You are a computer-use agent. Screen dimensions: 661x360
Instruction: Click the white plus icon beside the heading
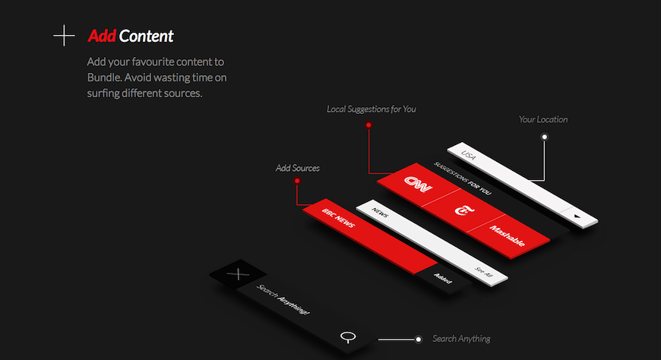[64, 36]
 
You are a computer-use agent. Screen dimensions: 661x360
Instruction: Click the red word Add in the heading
[102, 36]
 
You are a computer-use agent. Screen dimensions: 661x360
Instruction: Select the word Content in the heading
[146, 36]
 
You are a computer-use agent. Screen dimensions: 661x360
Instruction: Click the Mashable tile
[508, 235]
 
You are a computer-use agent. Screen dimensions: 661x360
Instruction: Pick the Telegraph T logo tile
[463, 210]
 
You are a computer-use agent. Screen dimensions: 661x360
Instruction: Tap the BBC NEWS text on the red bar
[339, 218]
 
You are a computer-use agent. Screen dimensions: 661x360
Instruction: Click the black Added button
[443, 278]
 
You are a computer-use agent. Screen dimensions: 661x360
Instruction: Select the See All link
[483, 272]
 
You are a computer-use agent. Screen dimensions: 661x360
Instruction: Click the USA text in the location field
[468, 156]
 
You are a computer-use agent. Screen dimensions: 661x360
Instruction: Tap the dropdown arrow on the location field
[577, 216]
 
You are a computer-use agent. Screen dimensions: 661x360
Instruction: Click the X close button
[238, 274]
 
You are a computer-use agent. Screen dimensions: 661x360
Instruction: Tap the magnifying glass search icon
[348, 336]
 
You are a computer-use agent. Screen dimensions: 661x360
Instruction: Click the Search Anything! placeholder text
[283, 300]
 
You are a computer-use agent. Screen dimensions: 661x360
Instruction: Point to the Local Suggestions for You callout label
[372, 109]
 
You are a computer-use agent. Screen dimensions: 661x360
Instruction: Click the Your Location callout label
[543, 119]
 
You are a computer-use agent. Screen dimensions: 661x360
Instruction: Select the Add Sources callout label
[298, 168]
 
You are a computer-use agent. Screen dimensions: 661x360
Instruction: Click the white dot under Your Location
[544, 137]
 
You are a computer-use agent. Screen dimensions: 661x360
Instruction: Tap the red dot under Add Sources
[297, 181]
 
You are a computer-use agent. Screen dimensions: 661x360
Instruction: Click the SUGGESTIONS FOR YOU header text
[463, 178]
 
